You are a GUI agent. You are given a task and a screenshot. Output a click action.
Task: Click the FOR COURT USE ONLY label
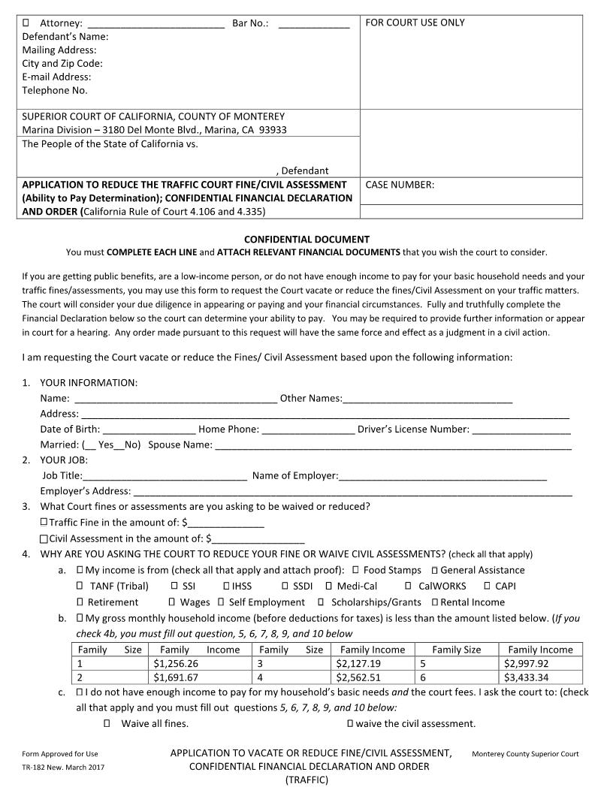pos(415,23)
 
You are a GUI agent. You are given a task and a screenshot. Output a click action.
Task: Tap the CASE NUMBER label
pos(399,185)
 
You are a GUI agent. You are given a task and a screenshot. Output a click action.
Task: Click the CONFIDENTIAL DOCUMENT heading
pos(306,239)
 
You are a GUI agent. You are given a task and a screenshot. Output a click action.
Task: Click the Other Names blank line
pos(427,398)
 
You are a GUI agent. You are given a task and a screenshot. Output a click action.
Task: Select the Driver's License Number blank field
pos(521,430)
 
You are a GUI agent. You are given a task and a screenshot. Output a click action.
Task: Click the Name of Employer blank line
pos(443,475)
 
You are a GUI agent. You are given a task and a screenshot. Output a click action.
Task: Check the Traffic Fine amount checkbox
pos(44,522)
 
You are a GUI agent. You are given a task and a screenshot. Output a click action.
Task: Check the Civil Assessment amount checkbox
pos(44,538)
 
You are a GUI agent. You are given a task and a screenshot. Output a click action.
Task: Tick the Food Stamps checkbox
pos(355,570)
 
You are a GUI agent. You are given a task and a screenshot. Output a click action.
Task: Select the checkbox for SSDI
pos(285,586)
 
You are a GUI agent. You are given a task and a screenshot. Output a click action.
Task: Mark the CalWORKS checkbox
pos(408,586)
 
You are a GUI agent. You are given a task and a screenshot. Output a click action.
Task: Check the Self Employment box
pos(221,602)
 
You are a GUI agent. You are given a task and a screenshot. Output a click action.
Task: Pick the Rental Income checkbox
pos(434,602)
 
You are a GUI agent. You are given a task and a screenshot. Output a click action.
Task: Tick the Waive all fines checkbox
pos(107,724)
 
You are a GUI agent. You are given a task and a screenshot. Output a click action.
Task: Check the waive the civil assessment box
pos(350,724)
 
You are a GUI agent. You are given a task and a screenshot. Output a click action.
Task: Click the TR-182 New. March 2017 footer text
pos(63,767)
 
